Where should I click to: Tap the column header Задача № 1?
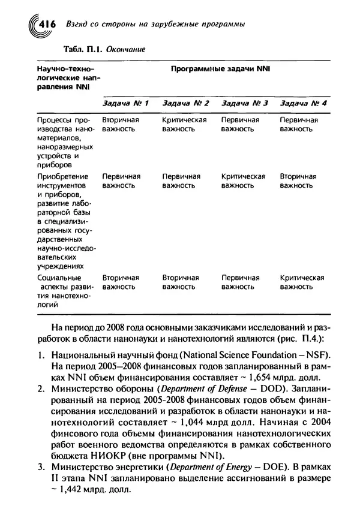(x=125, y=103)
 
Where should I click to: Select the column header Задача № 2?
(x=185, y=103)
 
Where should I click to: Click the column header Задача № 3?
(x=244, y=103)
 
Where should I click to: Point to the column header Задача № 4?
(x=303, y=103)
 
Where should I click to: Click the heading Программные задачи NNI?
(x=221, y=69)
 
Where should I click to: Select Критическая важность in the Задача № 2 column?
(x=184, y=124)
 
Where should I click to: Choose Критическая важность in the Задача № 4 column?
(x=302, y=282)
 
